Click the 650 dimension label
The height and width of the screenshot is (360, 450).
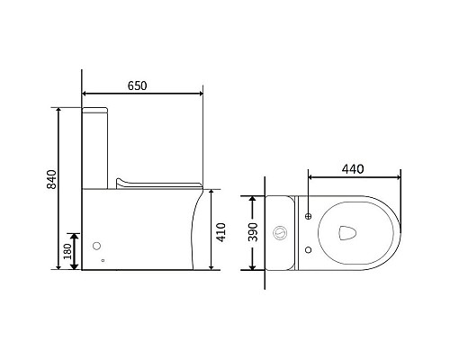pos(138,85)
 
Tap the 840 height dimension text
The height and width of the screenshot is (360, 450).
pos(51,179)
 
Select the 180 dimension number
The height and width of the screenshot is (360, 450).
pos(67,251)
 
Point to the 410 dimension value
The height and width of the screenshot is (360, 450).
pos(221,232)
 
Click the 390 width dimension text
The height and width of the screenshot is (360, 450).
pos(253,232)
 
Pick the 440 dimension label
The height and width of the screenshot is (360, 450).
pos(353,169)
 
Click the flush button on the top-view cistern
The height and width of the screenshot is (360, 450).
pos(280,232)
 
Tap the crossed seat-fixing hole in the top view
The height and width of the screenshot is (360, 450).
pos(308,216)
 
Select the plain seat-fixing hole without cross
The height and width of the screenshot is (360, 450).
pos(308,249)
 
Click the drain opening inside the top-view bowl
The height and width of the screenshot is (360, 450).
pos(347,233)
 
